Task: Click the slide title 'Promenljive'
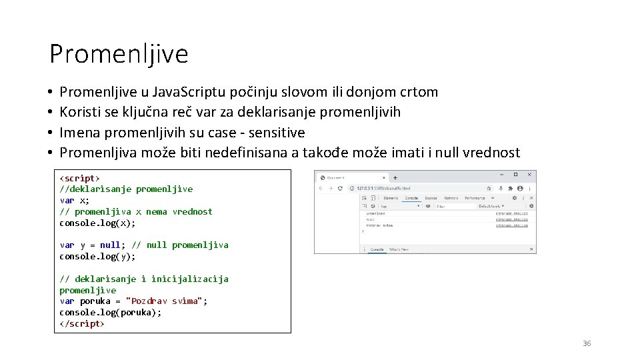click(x=119, y=54)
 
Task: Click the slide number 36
click(x=587, y=343)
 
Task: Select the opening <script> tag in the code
click(x=79, y=178)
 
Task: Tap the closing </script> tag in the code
click(x=82, y=323)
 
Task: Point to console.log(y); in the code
click(x=97, y=256)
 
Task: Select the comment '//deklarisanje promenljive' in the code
click(x=126, y=189)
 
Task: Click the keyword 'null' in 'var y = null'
click(x=110, y=245)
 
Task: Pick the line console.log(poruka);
click(x=110, y=312)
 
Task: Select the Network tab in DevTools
click(x=451, y=198)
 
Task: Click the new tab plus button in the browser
click(x=395, y=177)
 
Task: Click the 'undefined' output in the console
click(x=375, y=213)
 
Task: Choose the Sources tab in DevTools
click(x=431, y=198)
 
